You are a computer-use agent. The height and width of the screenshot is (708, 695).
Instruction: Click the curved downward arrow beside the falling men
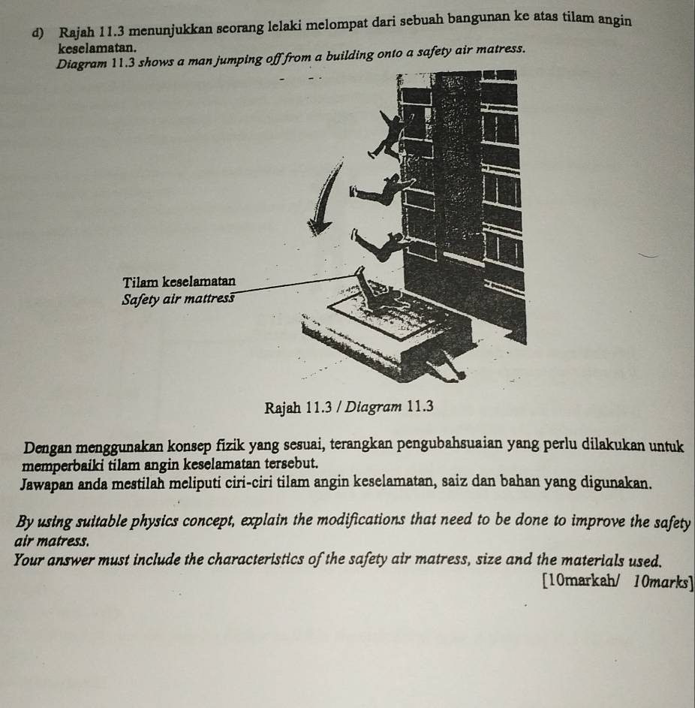click(x=323, y=197)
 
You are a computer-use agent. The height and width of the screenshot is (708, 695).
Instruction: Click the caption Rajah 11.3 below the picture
click(x=292, y=406)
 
